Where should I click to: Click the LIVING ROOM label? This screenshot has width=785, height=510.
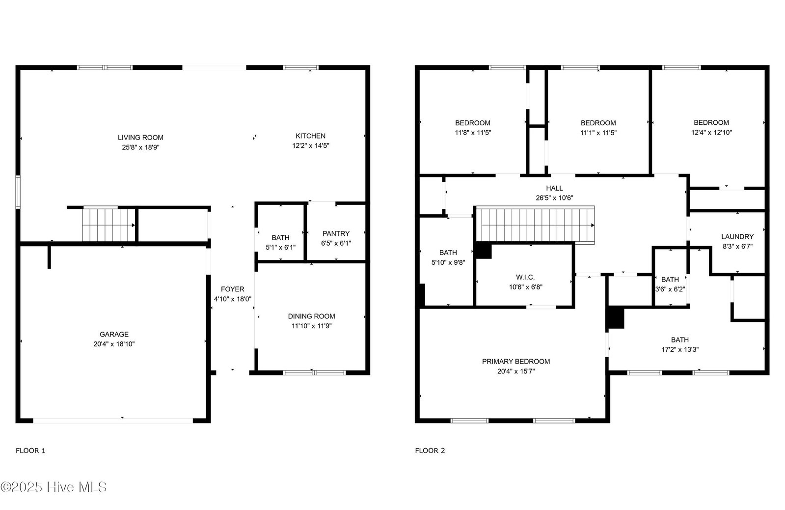(x=140, y=138)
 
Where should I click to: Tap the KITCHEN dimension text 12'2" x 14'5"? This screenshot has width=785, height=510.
(x=311, y=145)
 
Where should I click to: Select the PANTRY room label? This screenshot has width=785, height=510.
(x=336, y=233)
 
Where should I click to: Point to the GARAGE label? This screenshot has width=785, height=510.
(x=114, y=334)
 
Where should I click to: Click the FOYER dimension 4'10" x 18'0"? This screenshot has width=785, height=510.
(x=233, y=299)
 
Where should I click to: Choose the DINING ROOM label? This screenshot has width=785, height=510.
(x=312, y=316)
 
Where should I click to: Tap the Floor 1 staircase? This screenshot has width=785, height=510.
(x=108, y=225)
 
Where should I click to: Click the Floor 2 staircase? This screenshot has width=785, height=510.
(x=535, y=225)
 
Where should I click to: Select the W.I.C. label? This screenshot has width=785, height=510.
(x=525, y=278)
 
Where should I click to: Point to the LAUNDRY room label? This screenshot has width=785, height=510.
(x=737, y=237)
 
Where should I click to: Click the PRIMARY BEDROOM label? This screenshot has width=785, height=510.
(x=516, y=362)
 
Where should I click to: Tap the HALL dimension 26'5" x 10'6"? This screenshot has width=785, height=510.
(x=554, y=198)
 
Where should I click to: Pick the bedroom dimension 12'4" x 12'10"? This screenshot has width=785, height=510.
(x=711, y=133)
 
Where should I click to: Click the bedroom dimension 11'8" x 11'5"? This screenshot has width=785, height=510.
(x=473, y=133)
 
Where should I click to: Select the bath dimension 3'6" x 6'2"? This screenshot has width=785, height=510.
(x=670, y=289)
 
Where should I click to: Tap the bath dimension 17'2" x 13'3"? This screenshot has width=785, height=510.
(x=680, y=350)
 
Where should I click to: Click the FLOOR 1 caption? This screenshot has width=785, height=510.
(x=30, y=451)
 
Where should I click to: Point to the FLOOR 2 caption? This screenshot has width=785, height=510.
(x=430, y=451)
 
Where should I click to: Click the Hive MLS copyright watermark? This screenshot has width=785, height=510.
(x=54, y=487)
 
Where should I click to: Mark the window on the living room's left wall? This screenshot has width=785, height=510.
(x=18, y=193)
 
